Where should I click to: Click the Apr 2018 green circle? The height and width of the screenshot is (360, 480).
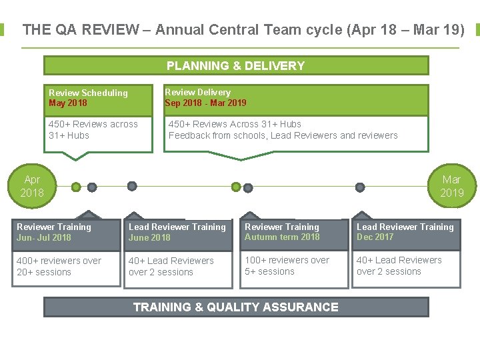click(31, 186)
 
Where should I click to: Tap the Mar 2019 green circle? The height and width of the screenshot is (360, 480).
click(451, 186)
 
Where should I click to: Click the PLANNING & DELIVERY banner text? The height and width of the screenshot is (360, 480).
click(235, 65)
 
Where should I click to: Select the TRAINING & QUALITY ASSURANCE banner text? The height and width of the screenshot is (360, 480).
click(235, 307)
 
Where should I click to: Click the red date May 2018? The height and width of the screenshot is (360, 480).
click(68, 103)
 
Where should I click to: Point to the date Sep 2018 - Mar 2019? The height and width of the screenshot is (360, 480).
click(205, 103)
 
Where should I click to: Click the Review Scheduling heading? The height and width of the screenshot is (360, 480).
click(88, 93)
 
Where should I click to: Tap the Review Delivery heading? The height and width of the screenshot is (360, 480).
click(197, 92)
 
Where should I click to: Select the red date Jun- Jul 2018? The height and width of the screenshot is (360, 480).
click(44, 237)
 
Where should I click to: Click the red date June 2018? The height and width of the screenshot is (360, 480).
click(149, 237)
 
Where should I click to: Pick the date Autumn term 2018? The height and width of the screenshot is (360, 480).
click(282, 237)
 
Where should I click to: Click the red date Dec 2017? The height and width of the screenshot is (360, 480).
click(375, 237)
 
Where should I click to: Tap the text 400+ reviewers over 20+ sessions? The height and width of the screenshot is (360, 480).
click(59, 266)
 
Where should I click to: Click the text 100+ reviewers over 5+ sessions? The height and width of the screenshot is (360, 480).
click(287, 265)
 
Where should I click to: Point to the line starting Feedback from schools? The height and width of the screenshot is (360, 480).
click(283, 135)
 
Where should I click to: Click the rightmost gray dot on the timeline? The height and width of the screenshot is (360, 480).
click(360, 187)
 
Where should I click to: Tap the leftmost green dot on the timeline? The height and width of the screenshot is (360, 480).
click(77, 187)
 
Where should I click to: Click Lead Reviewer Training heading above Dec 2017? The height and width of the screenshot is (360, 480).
click(405, 227)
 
